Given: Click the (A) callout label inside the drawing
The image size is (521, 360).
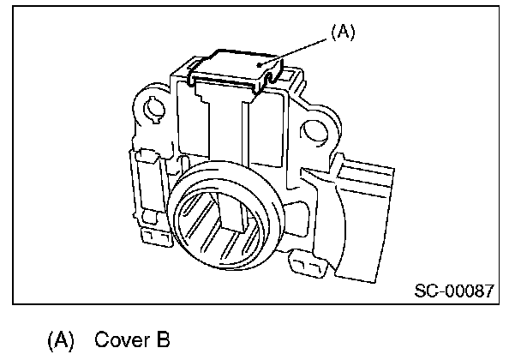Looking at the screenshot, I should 342,33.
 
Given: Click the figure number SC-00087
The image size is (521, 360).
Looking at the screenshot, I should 454,290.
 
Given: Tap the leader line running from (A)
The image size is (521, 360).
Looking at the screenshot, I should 299,47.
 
